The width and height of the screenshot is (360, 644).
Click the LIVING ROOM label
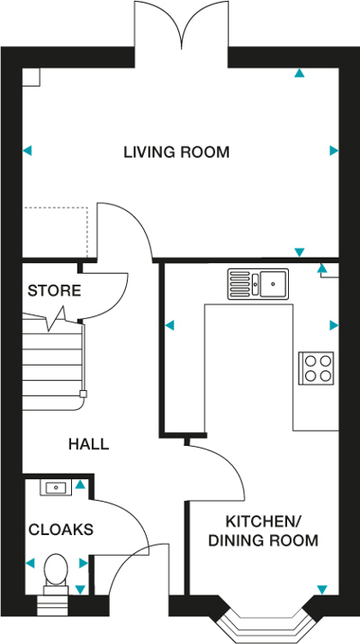pos(176,152)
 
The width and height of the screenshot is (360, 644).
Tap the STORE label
pos(54,291)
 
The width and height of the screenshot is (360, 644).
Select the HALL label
pos(89,444)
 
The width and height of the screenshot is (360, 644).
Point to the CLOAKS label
pos(59,530)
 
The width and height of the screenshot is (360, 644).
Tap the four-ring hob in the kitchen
pos(317,367)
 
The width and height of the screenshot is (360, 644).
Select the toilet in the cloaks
pos(56,570)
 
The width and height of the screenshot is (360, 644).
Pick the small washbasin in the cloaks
pos(56,487)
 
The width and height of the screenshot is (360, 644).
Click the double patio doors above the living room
pos(183,27)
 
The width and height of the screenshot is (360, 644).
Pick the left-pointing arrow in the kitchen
pos(168,325)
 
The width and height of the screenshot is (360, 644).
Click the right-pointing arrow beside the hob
pos(334,325)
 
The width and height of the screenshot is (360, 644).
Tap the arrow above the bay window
pos(319,590)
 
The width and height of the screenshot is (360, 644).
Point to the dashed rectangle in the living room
pos(56,230)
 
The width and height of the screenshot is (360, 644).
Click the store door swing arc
pos(101,293)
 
